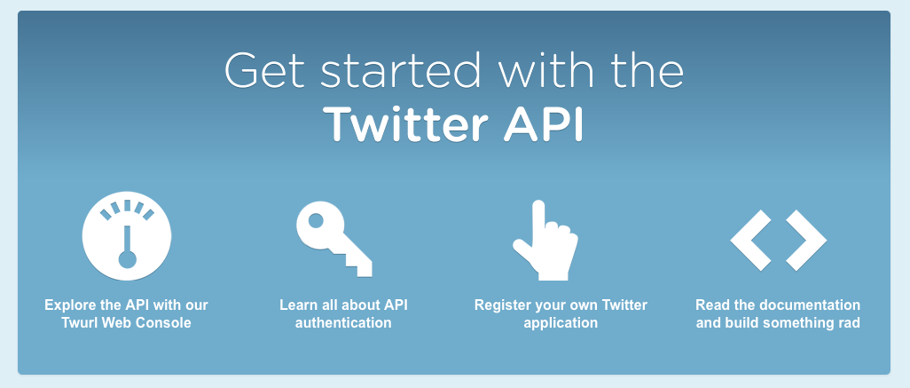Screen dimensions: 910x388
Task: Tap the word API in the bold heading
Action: point(543,123)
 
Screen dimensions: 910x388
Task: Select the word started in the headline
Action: point(401,70)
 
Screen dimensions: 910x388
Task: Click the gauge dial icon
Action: point(127,236)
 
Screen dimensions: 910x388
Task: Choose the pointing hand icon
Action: point(545,241)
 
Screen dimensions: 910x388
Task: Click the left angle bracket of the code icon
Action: point(750,240)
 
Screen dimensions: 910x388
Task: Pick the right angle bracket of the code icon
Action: point(806,240)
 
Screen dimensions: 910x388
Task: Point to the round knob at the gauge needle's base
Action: point(127,259)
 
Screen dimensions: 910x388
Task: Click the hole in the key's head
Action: point(316,221)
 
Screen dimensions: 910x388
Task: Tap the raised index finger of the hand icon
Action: point(538,218)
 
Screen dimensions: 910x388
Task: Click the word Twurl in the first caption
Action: point(79,322)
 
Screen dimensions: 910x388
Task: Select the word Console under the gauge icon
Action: point(167,322)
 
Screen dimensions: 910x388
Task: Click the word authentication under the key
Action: point(343,322)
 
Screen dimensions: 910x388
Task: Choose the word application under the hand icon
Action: point(561,323)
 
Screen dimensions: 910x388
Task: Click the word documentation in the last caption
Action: point(812,305)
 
